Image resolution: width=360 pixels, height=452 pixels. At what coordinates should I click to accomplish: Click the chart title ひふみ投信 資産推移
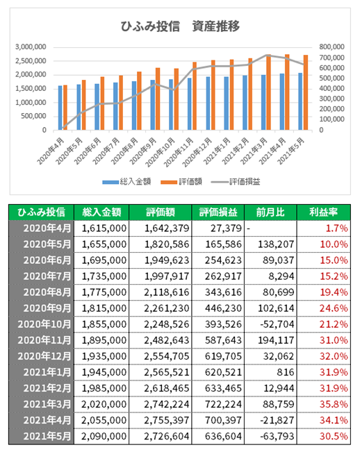click(180, 26)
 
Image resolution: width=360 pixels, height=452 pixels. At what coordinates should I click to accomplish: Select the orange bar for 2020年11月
click(195, 96)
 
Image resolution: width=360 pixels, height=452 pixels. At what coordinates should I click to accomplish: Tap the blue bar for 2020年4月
click(60, 108)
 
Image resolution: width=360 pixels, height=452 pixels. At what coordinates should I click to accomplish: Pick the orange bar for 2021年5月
click(306, 92)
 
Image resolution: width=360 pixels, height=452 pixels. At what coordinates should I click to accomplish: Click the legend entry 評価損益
click(236, 182)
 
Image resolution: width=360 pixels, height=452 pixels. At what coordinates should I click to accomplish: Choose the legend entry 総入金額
click(126, 182)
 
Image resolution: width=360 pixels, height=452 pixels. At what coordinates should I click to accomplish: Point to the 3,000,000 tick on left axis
click(31, 47)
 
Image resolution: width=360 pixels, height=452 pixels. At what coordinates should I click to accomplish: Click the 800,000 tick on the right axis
click(332, 47)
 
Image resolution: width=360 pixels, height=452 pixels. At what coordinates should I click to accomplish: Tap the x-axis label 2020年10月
click(161, 152)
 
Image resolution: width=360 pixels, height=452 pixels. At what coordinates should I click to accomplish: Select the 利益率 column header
click(323, 212)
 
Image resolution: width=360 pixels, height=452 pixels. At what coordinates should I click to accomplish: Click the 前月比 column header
click(270, 212)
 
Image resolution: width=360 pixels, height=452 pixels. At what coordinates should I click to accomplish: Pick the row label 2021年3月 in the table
click(47, 404)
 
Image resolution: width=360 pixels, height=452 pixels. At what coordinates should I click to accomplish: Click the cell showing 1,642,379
click(167, 228)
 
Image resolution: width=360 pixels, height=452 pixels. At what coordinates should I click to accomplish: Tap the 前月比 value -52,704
click(277, 324)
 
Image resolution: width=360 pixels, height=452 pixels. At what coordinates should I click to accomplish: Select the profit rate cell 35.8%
click(334, 404)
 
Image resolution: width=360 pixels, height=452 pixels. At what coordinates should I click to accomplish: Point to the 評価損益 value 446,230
click(223, 308)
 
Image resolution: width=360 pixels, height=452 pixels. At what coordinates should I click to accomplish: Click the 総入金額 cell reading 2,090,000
click(104, 436)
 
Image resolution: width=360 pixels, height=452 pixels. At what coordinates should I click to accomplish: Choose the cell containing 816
click(286, 372)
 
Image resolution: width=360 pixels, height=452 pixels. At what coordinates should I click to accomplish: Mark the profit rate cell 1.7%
click(336, 228)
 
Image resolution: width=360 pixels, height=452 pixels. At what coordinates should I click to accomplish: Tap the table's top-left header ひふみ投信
click(41, 212)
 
